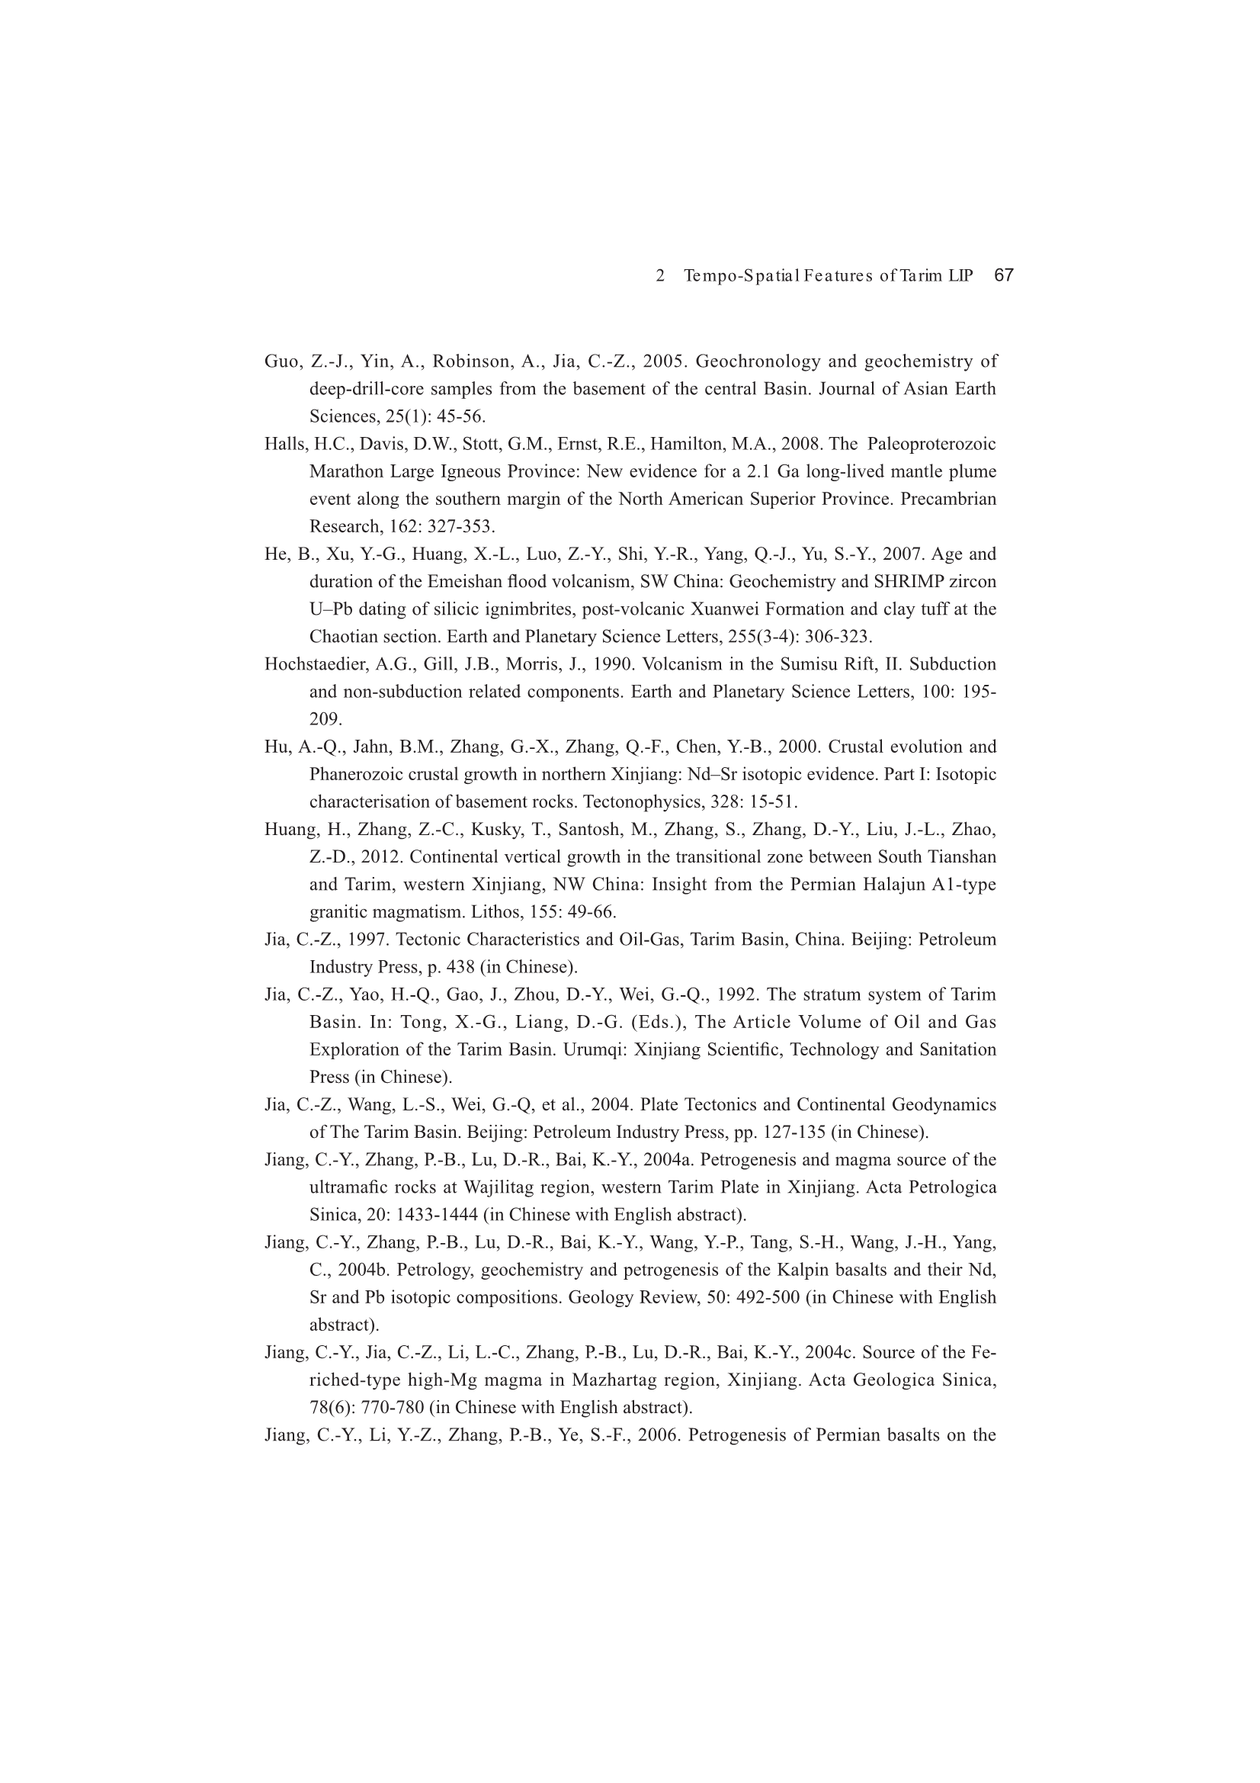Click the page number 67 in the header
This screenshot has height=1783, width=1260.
point(1004,275)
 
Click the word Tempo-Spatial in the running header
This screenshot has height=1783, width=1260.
point(742,275)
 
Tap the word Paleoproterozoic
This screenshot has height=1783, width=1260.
point(931,444)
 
